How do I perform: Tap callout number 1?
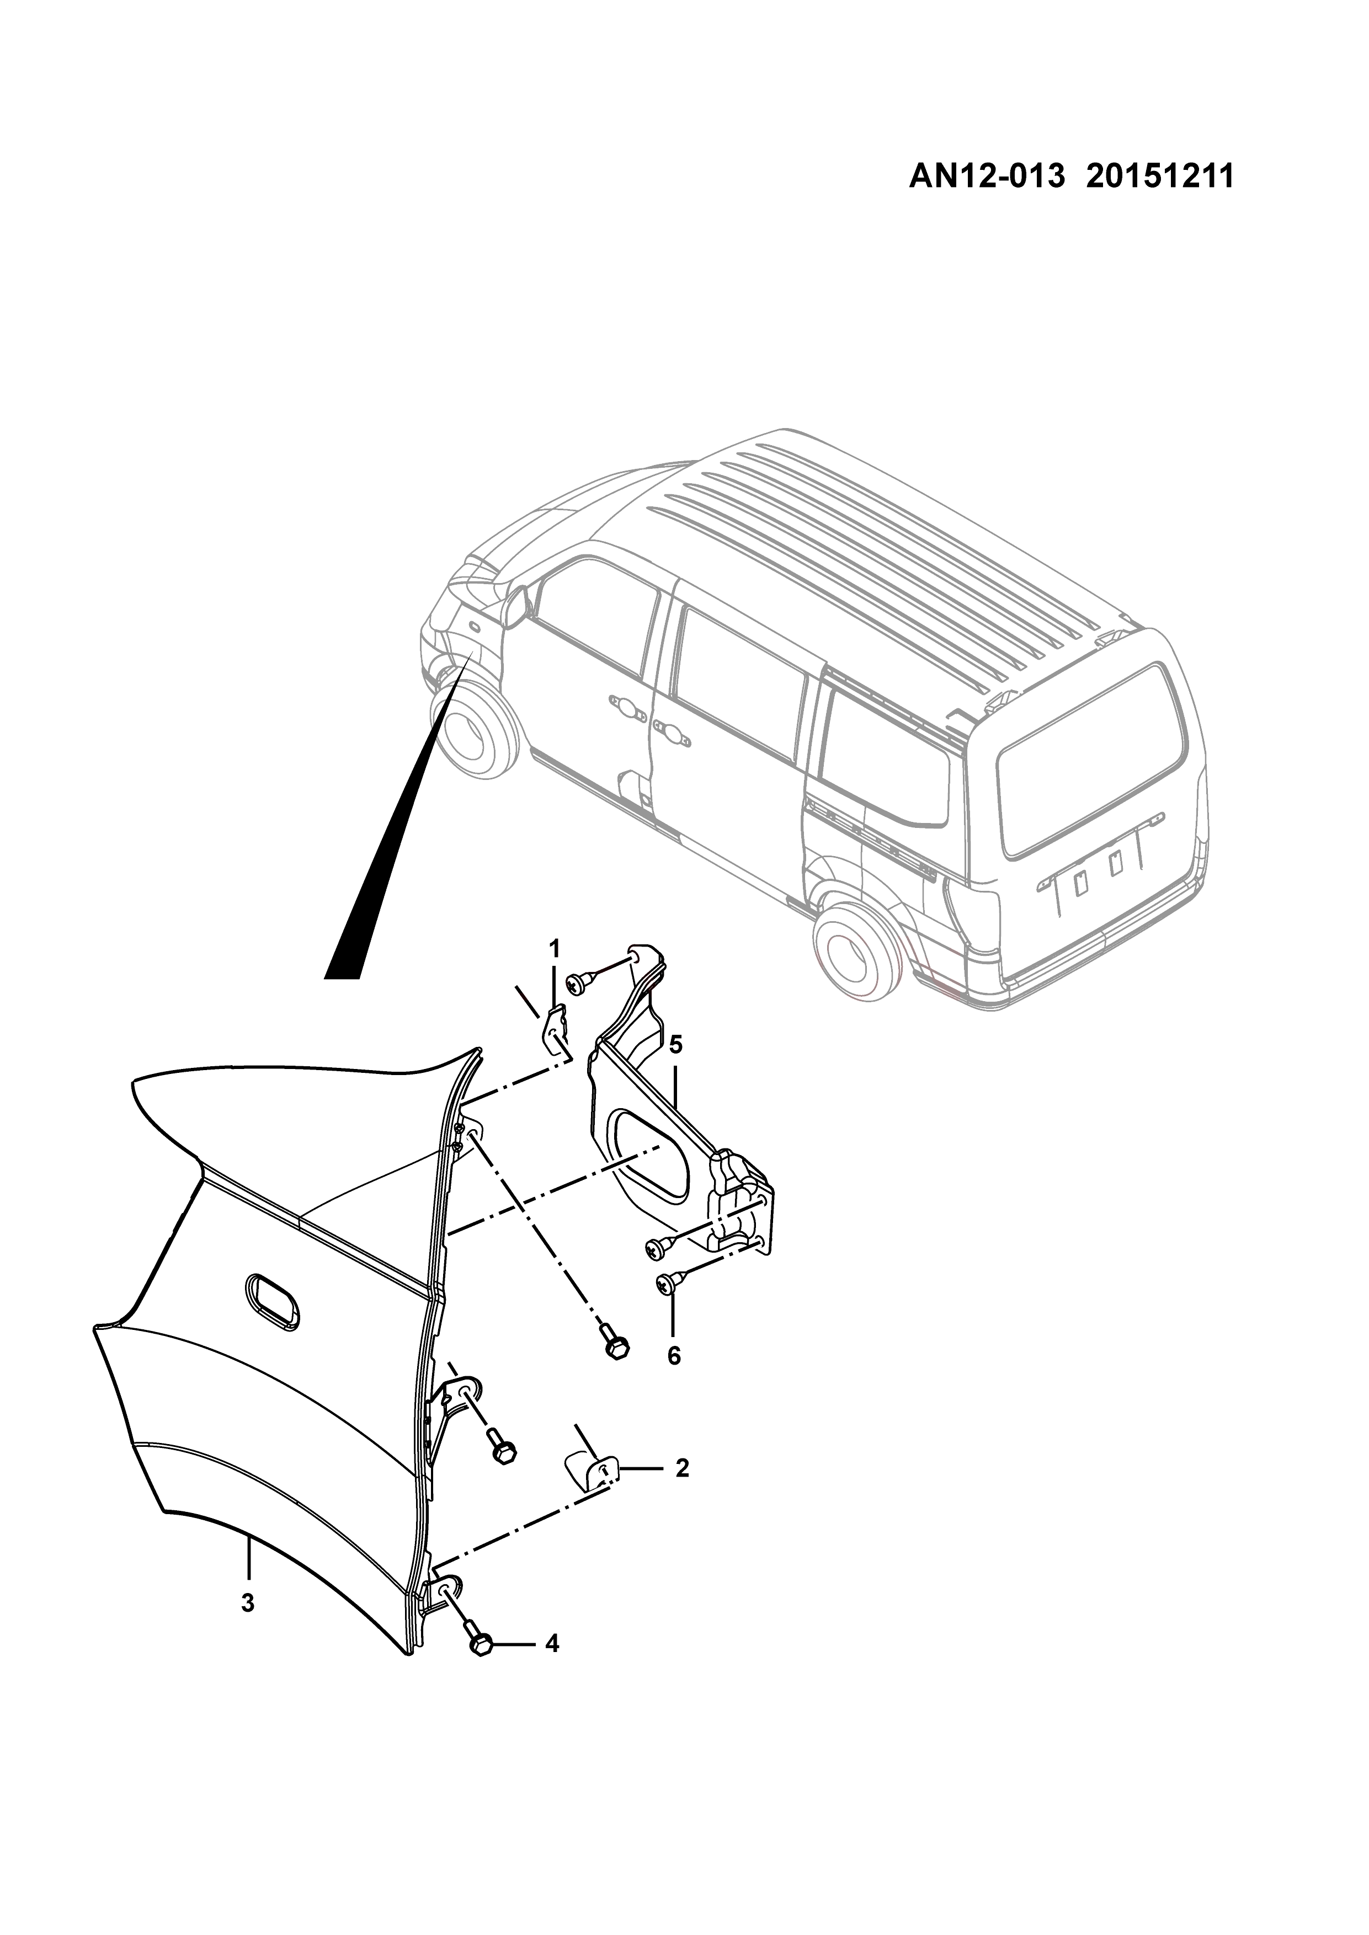coord(555,948)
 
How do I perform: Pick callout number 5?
coord(675,1045)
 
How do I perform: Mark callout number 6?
coord(674,1356)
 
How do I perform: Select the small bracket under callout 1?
coord(554,1031)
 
